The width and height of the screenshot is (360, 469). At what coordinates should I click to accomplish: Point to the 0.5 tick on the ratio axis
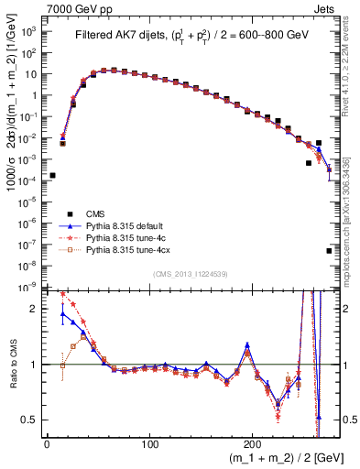(31, 420)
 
